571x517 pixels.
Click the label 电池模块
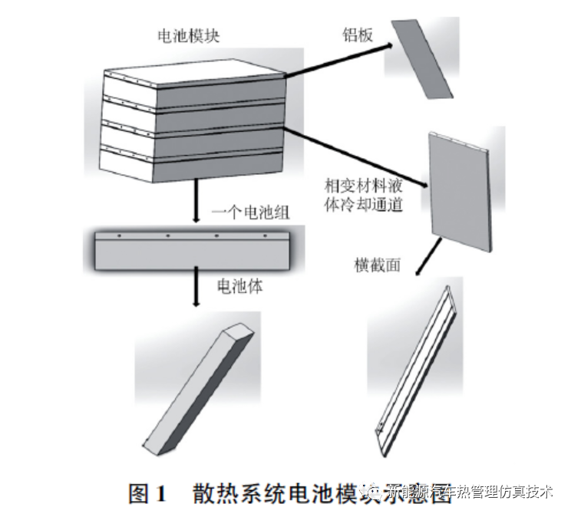[x=188, y=36]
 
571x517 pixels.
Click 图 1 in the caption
[x=147, y=494]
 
